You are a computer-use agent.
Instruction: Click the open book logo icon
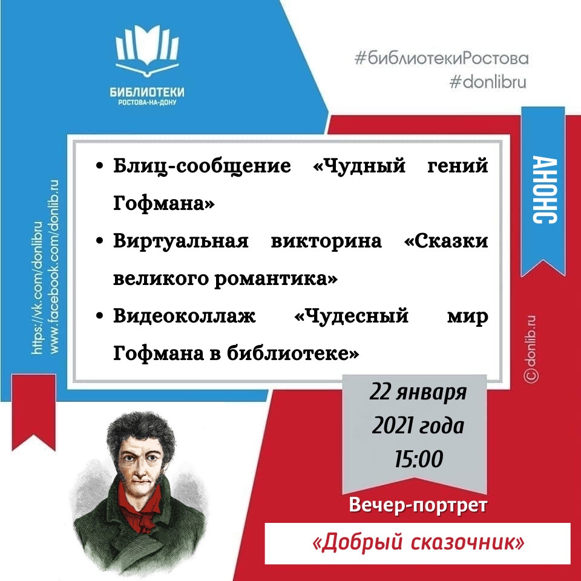[147, 50]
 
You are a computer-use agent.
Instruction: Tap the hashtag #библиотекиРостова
[441, 59]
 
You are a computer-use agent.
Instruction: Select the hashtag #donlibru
[488, 82]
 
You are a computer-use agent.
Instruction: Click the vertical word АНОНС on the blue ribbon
[544, 189]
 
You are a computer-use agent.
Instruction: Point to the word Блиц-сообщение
[202, 166]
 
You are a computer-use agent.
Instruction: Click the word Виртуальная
[181, 241]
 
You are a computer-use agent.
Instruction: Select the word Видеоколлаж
[184, 316]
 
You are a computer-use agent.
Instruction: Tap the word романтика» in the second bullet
[276, 278]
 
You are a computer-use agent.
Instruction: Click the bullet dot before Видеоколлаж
[99, 316]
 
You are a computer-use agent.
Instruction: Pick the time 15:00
[419, 459]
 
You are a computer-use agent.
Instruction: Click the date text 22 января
[418, 392]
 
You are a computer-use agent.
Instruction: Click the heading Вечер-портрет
[418, 505]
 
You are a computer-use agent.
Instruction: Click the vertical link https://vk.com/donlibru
[38, 287]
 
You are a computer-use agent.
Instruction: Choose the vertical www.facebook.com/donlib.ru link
[53, 266]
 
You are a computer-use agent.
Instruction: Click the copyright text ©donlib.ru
[531, 349]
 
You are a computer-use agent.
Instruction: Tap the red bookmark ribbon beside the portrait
[34, 412]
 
